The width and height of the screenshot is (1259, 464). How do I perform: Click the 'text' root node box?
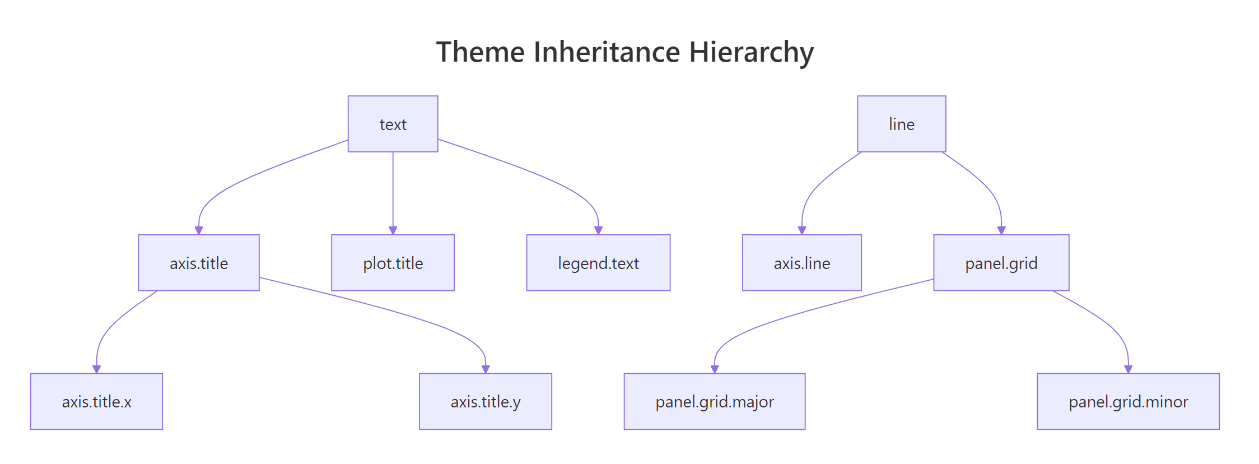click(x=393, y=124)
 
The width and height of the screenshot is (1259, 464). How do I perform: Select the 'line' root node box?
click(x=901, y=124)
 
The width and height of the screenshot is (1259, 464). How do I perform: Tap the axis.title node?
click(x=199, y=263)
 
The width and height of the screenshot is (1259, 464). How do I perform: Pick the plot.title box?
click(x=393, y=263)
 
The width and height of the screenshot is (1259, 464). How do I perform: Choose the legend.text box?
click(x=598, y=263)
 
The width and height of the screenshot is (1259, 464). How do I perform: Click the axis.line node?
click(x=801, y=263)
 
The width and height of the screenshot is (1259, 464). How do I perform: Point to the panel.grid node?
click(x=1001, y=263)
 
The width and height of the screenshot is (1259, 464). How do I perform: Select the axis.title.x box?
click(x=96, y=401)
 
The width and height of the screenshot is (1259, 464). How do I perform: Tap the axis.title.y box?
click(x=485, y=401)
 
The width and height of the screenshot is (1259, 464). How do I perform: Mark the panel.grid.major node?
click(x=714, y=401)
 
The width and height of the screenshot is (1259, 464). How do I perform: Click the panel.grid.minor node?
click(x=1128, y=401)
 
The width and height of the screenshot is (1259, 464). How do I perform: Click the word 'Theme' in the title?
click(x=480, y=52)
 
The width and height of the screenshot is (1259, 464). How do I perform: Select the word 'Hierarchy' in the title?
click(x=751, y=52)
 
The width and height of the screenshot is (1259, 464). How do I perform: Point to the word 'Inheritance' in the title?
click(x=607, y=52)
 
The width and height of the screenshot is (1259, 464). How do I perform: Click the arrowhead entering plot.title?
click(x=393, y=230)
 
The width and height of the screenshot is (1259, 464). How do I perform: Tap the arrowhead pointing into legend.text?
click(x=598, y=230)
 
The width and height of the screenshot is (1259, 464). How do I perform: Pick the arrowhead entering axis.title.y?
click(x=486, y=369)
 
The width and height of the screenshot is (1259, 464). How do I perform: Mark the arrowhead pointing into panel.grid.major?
click(x=715, y=369)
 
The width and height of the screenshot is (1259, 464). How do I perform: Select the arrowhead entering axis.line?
click(x=802, y=230)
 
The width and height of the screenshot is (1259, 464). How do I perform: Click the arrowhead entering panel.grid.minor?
click(x=1129, y=369)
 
